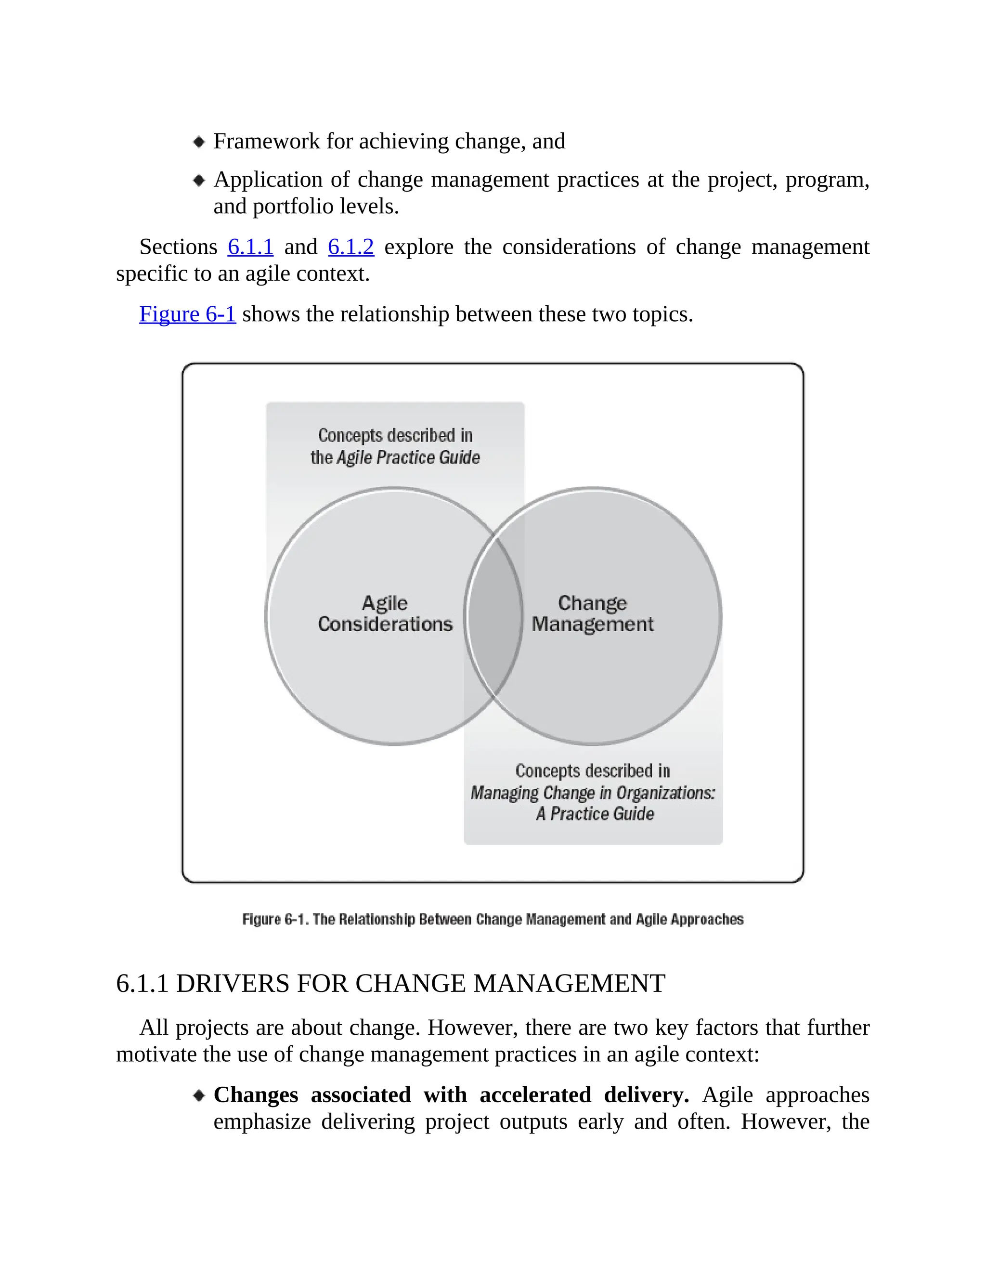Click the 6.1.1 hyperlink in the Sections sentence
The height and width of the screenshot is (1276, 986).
[x=250, y=247]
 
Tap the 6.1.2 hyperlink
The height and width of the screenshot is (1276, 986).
[x=350, y=247]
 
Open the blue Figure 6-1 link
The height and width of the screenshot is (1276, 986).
[x=187, y=314]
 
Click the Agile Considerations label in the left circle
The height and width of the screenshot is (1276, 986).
[x=385, y=613]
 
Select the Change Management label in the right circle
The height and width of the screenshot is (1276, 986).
[x=592, y=613]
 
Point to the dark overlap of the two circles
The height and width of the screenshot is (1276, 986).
[x=493, y=616]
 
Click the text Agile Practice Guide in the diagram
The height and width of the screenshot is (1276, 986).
[x=408, y=457]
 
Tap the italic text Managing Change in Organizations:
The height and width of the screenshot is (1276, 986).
[x=592, y=793]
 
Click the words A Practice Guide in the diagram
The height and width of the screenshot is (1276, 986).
[x=595, y=814]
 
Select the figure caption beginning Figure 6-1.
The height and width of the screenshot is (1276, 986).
[x=493, y=920]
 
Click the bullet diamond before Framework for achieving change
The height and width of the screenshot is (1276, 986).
[x=199, y=142]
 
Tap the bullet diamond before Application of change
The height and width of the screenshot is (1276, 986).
[x=199, y=180]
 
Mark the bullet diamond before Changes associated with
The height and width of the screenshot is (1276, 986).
[x=199, y=1095]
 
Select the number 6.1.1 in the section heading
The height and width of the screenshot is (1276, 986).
[x=142, y=984]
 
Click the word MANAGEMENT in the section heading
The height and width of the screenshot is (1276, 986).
[x=569, y=984]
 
